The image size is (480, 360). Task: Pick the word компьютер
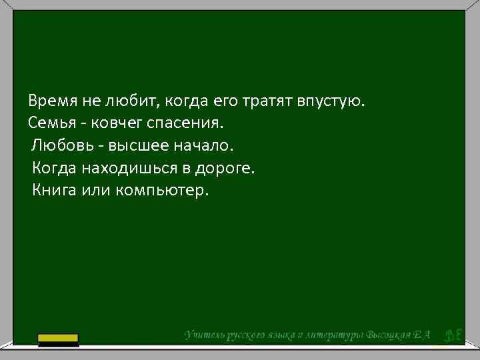tap(162, 190)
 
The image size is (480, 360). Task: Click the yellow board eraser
tap(58, 340)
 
